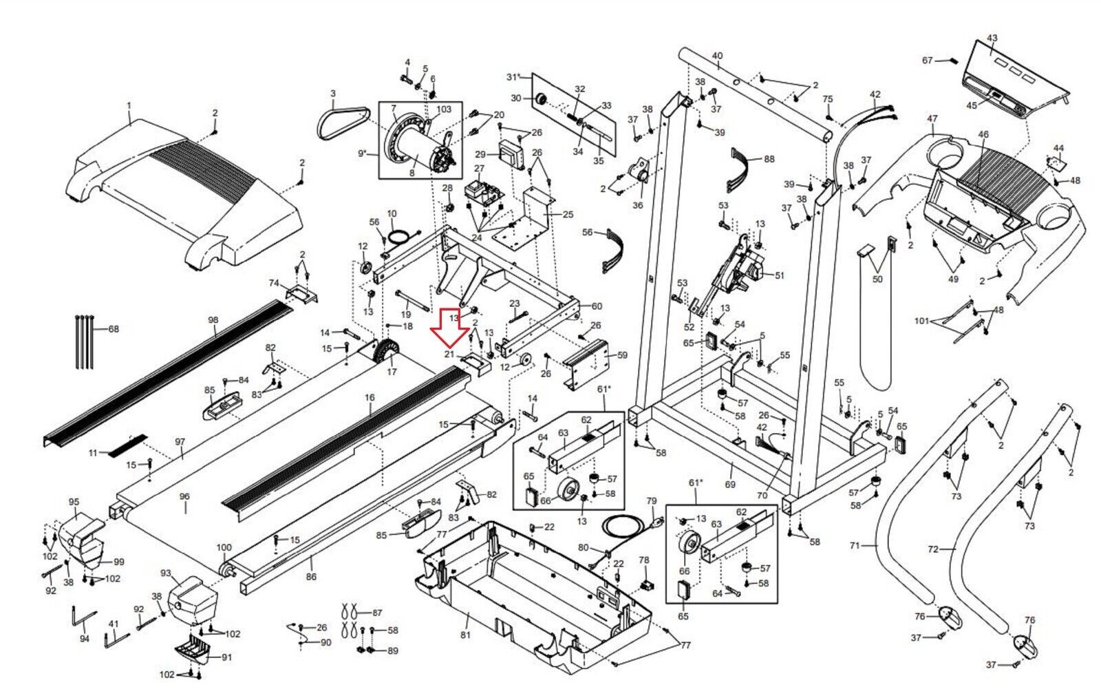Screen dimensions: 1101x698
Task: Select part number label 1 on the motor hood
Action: [129, 106]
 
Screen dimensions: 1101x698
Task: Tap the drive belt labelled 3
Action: [343, 123]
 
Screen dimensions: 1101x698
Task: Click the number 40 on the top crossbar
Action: [718, 56]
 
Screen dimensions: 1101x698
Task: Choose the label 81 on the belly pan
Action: [465, 635]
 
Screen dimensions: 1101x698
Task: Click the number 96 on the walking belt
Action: [184, 496]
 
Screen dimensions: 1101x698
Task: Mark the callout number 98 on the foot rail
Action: [213, 320]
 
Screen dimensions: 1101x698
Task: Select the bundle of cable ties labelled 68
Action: [85, 341]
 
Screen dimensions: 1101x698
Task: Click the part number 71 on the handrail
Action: [855, 546]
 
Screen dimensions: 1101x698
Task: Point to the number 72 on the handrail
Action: [933, 549]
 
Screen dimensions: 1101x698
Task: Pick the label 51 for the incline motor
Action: [780, 276]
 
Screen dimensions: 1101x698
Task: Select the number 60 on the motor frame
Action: [597, 306]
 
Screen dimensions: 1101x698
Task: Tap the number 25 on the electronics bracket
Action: [568, 214]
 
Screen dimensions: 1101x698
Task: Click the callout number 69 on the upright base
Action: [730, 485]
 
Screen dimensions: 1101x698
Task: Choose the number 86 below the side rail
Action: [311, 577]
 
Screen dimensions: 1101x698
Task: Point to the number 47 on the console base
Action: [932, 118]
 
